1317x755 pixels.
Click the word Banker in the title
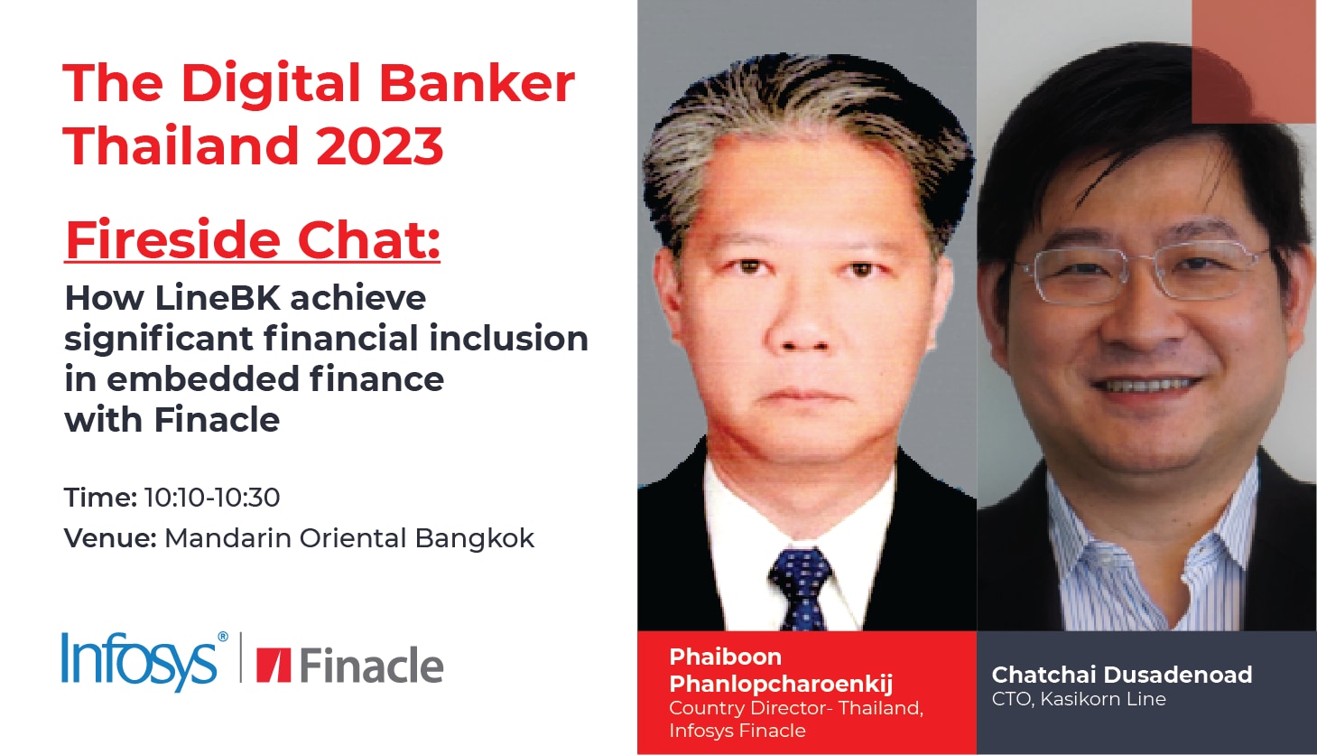[477, 83]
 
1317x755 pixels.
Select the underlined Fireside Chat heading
[252, 240]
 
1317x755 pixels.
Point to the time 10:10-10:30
[212, 498]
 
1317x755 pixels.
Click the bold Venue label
[110, 538]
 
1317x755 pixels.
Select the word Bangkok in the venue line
[475, 538]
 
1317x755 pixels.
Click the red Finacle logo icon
[274, 666]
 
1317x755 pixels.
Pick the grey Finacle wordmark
[372, 666]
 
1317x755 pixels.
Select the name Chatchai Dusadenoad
[1122, 675]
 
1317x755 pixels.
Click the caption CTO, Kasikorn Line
[1079, 699]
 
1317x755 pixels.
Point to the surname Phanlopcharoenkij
[781, 684]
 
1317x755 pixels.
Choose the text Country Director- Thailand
[796, 708]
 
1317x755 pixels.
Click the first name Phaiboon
[726, 657]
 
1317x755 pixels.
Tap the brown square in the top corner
[1254, 61]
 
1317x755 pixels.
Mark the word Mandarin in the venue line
[227, 538]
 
